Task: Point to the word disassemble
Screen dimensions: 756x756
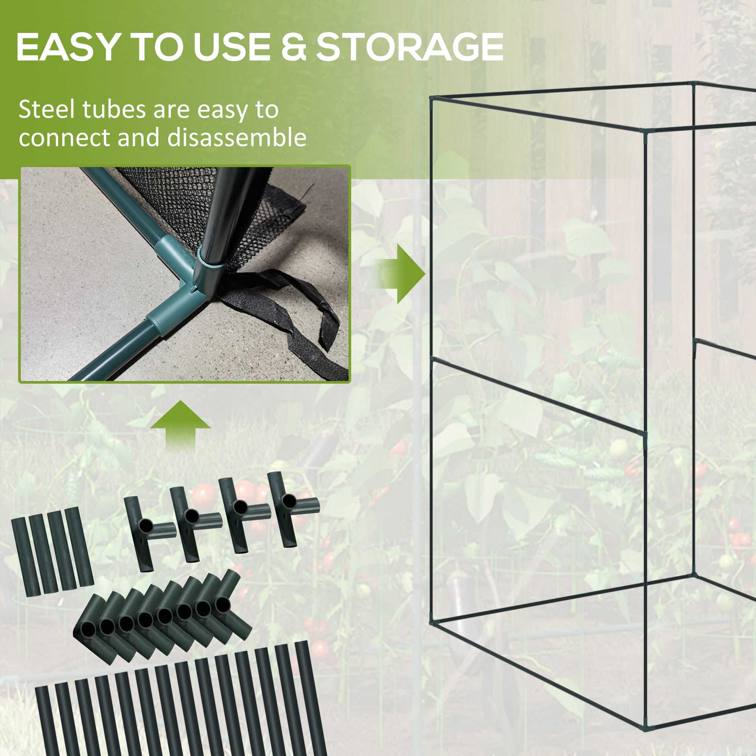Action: tap(237, 138)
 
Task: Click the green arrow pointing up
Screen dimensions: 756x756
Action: tap(180, 424)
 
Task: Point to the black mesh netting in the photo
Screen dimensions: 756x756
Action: tap(168, 203)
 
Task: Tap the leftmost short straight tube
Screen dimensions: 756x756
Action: tap(25, 556)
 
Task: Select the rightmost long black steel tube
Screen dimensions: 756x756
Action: tap(311, 700)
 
